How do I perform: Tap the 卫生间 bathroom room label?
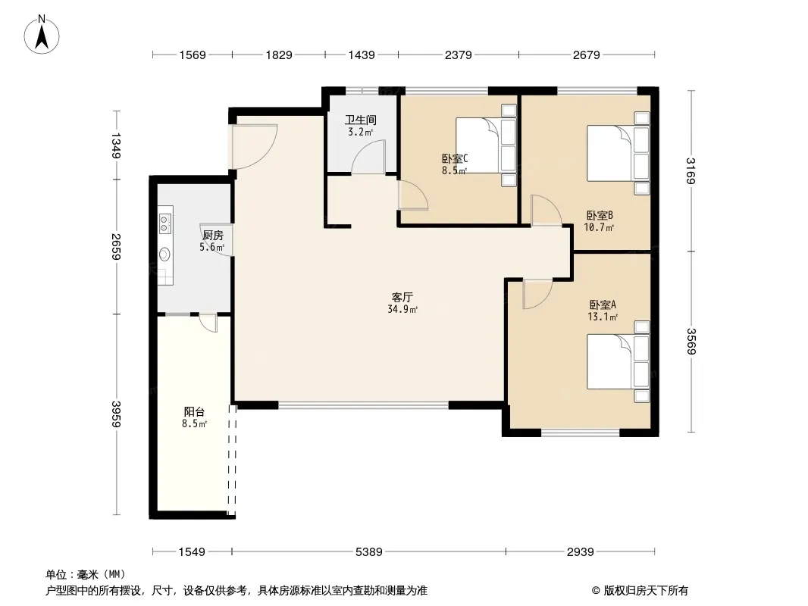click(x=361, y=120)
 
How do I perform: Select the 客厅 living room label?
click(x=402, y=297)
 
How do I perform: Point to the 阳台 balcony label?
click(x=194, y=412)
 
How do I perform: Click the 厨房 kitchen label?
click(x=212, y=236)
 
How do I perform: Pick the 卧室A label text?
click(x=603, y=305)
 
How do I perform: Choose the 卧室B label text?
click(x=600, y=215)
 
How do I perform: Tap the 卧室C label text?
click(x=455, y=158)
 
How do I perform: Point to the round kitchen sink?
click(x=165, y=254)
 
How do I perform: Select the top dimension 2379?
click(x=458, y=55)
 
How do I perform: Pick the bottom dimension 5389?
click(x=369, y=552)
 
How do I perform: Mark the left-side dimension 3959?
click(x=116, y=414)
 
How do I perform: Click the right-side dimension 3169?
click(x=691, y=170)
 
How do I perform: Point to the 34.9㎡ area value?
click(x=402, y=309)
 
